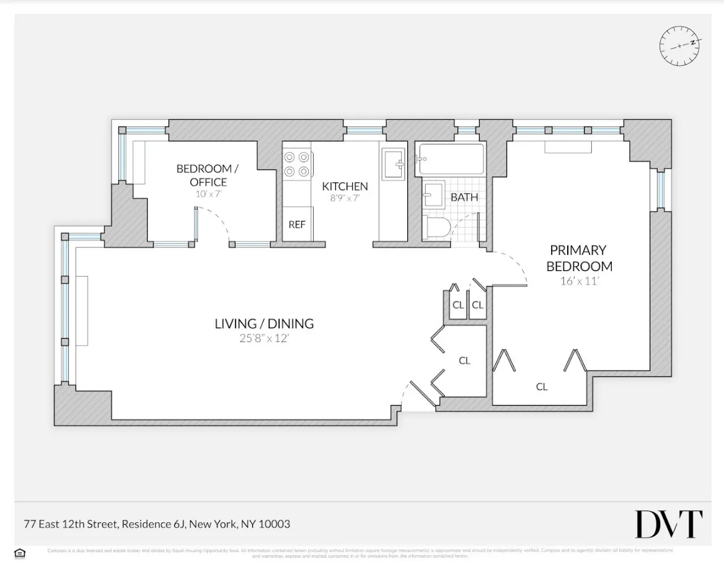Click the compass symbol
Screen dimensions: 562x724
pos(681,45)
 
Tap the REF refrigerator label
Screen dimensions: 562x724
pos(297,225)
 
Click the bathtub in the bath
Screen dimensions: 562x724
pos(451,159)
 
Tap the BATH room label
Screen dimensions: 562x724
pos(464,197)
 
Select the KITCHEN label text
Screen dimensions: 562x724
pos(345,186)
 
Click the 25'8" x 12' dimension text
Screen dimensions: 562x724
pos(264,338)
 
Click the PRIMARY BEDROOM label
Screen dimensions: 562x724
pos(578,258)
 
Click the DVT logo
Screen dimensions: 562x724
pos(668,525)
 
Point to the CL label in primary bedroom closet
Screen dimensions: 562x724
pos(541,386)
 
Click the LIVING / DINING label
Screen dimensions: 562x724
pos(264,323)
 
